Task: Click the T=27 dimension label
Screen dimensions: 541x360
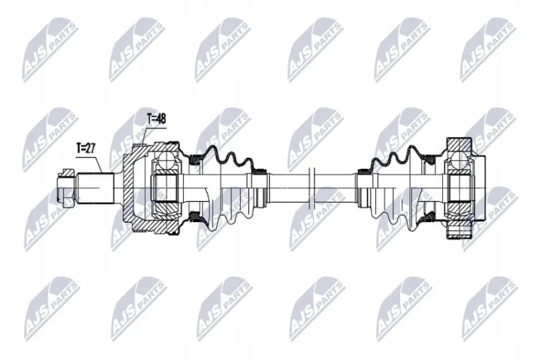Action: [x=85, y=149]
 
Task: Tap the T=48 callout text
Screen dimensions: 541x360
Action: [x=157, y=119]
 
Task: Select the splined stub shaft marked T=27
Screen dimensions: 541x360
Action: [x=95, y=188]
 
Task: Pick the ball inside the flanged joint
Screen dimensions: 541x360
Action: [x=459, y=159]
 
